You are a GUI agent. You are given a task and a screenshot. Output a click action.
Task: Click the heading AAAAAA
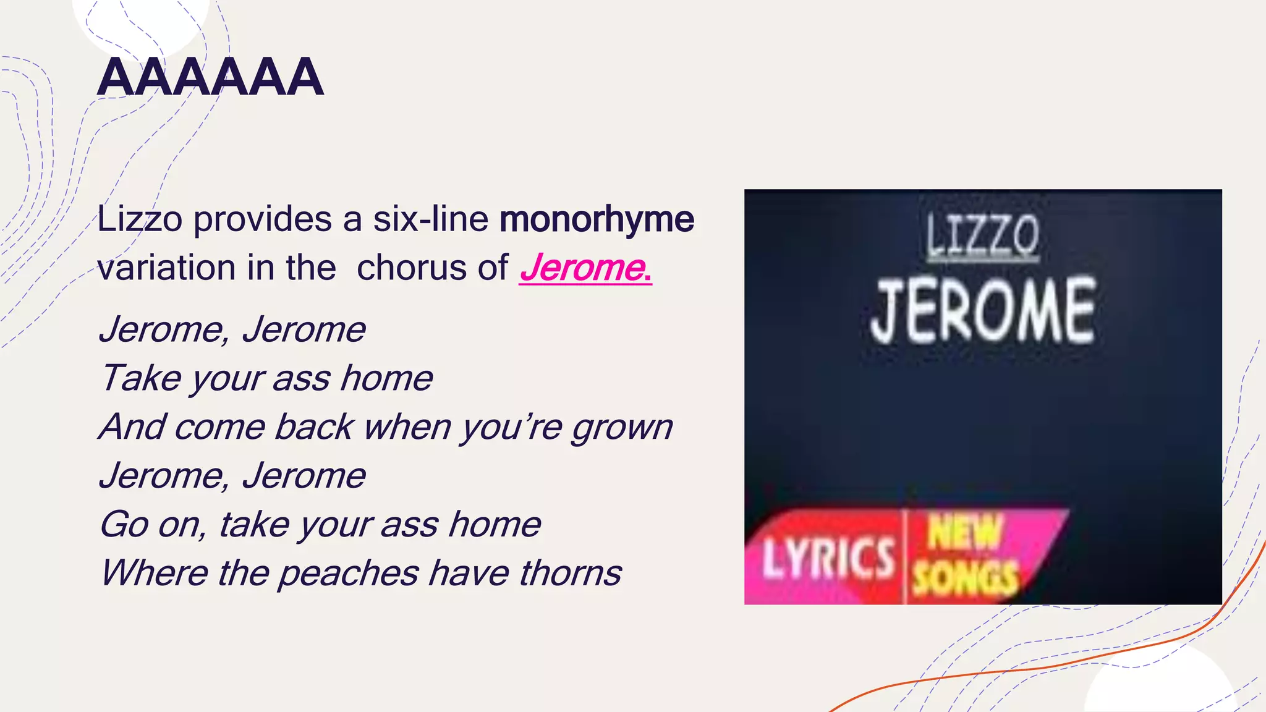click(210, 78)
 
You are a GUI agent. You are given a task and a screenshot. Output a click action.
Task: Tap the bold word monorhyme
click(597, 219)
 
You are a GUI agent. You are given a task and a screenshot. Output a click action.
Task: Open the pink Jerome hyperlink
click(585, 268)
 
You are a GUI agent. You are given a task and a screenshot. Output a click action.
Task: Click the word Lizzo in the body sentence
click(140, 219)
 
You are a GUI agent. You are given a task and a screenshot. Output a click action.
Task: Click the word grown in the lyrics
click(621, 428)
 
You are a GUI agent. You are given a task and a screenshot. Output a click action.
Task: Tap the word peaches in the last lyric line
click(349, 574)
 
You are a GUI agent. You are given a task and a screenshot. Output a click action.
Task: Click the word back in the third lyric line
click(314, 428)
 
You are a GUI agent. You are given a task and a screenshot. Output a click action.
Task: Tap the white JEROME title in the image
click(983, 311)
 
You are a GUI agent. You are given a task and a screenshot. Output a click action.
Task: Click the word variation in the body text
click(166, 268)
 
